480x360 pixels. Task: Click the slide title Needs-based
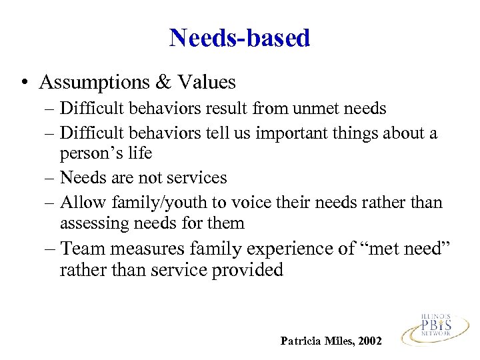tap(239, 38)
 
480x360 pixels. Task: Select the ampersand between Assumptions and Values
tap(162, 83)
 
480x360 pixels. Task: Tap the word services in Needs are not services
tap(197, 178)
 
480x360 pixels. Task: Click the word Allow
tap(79, 203)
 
